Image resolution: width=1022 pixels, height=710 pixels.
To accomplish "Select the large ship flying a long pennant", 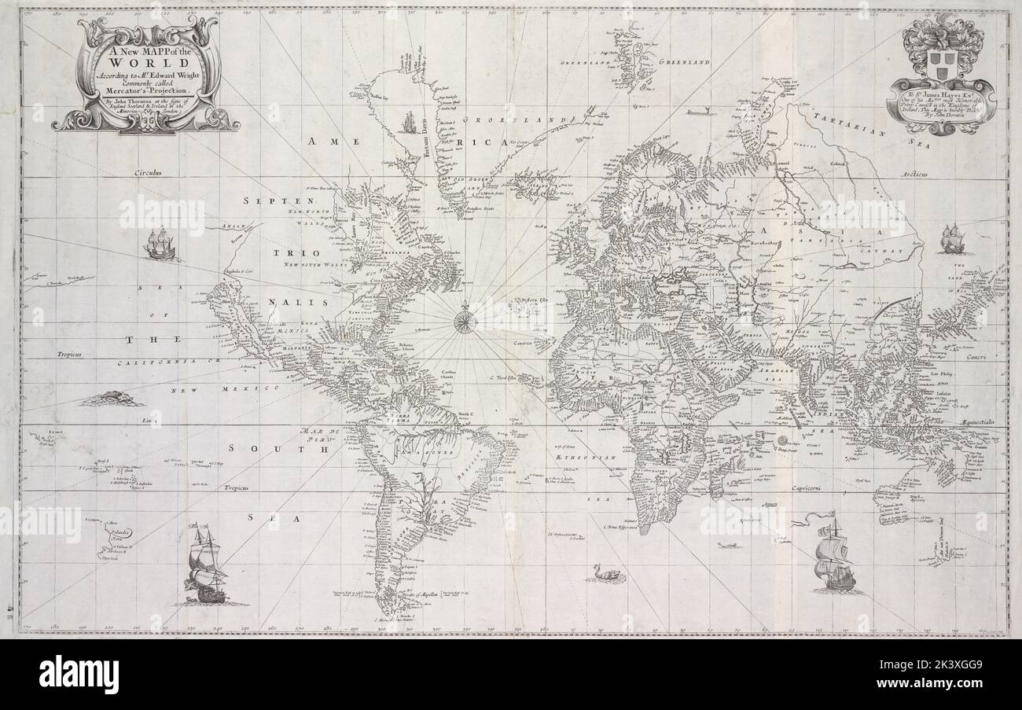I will pos(832,556).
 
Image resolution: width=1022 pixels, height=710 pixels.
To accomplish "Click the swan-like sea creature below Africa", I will pos(601,573).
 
